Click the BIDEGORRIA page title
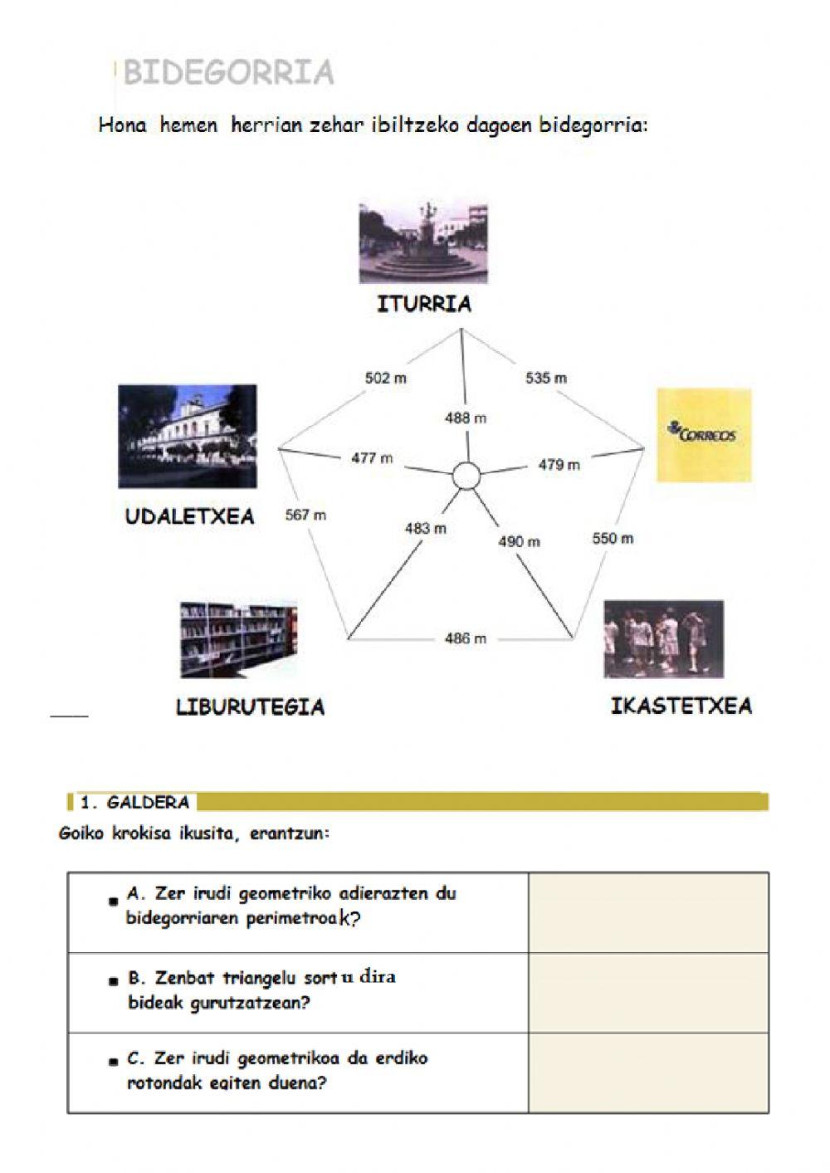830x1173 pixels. [228, 72]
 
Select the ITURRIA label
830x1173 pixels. [424, 304]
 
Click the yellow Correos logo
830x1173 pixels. [704, 434]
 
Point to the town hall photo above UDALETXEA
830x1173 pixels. [188, 436]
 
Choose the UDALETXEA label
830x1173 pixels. [190, 516]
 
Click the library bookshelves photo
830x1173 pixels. [239, 640]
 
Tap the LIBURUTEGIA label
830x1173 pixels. [250, 707]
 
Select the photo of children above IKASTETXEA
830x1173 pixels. [663, 639]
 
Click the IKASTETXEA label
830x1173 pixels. [681, 706]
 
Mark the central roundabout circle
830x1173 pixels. [466, 477]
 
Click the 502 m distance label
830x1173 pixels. [386, 379]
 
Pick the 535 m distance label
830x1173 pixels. [546, 379]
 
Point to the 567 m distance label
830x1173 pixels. [305, 515]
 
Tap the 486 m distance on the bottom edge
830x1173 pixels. [466, 638]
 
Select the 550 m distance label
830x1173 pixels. [613, 538]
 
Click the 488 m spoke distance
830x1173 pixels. [466, 418]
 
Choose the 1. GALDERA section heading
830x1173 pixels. [135, 803]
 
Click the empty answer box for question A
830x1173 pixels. [648, 912]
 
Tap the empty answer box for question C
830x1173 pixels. [648, 1073]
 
